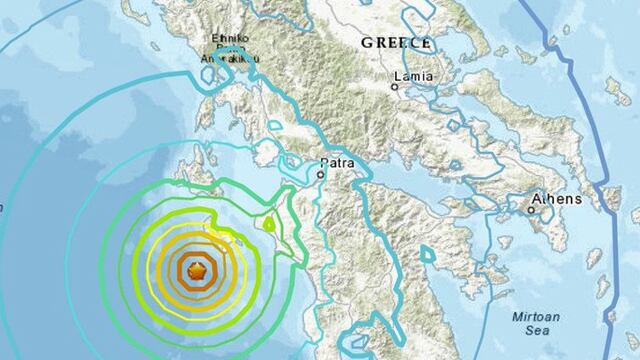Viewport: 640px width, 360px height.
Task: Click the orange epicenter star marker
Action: (x=196, y=270)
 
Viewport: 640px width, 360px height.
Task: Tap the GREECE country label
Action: (x=396, y=44)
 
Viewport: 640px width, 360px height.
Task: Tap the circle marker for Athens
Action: (x=530, y=211)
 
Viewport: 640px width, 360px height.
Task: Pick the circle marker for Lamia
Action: (x=395, y=88)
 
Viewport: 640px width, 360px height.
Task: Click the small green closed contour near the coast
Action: (x=268, y=223)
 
